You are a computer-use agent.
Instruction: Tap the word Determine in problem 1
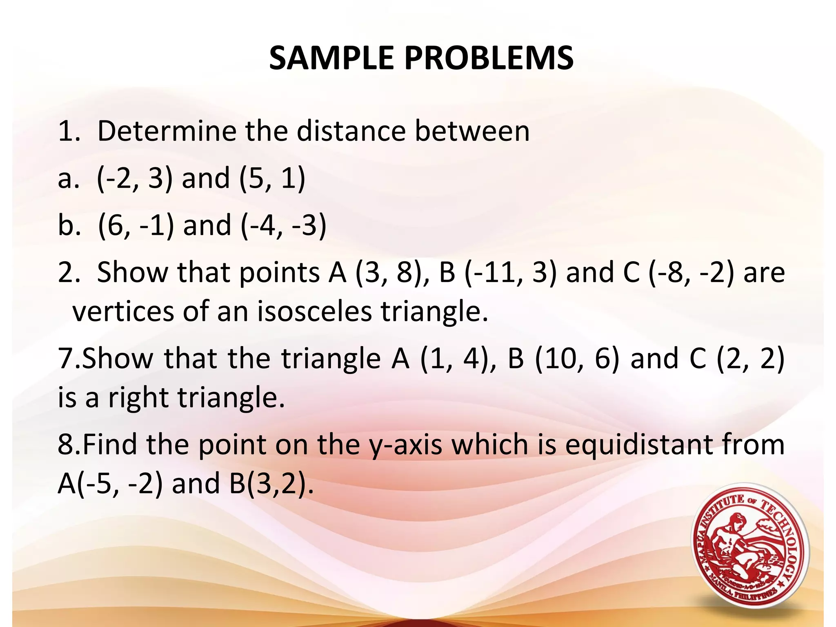167,131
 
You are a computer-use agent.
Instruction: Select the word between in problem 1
472,131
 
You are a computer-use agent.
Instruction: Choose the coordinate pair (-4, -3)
283,225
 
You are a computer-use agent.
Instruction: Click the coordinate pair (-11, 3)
510,273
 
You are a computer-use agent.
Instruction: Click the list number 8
66,445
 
